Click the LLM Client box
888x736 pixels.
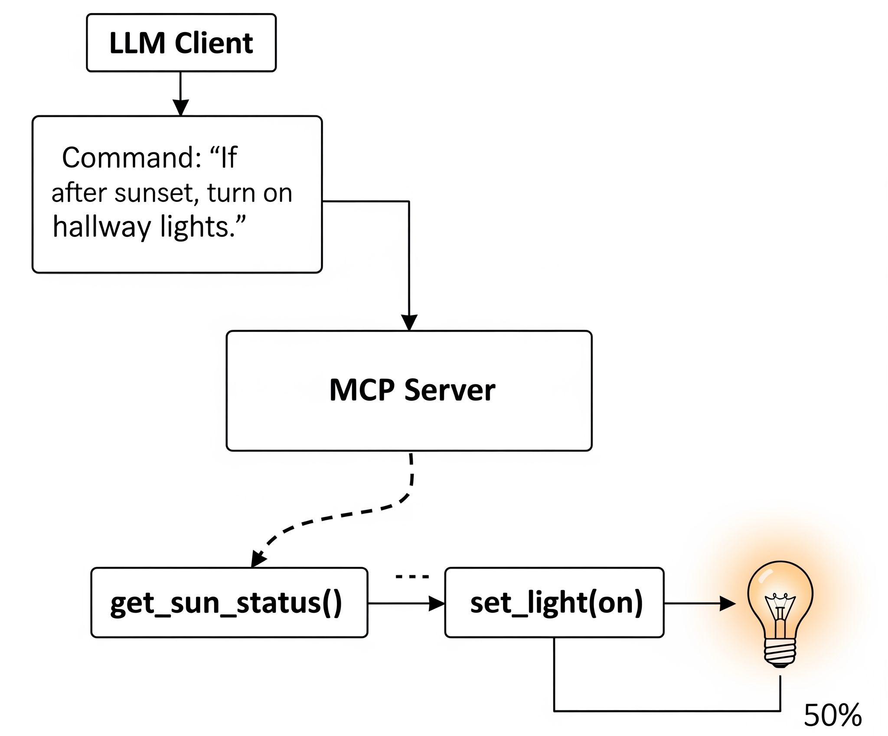(x=181, y=43)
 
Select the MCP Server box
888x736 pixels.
(x=409, y=391)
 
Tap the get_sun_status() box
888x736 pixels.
(x=229, y=602)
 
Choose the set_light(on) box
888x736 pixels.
(x=554, y=602)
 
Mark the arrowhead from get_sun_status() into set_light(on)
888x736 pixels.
(x=436, y=603)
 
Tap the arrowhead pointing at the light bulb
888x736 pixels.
(x=727, y=603)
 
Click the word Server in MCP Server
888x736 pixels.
(x=450, y=390)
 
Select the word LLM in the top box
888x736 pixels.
(x=137, y=43)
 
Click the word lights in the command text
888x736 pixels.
(x=199, y=227)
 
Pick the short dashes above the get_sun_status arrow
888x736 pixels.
(x=412, y=577)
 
